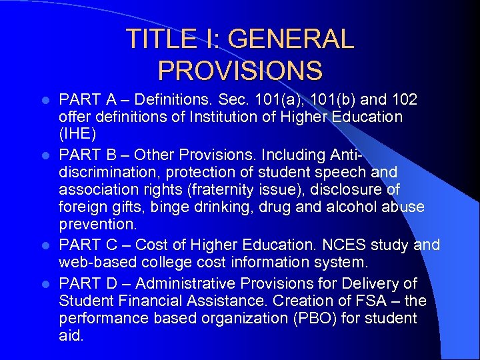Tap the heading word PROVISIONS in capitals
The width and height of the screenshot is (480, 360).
[x=240, y=70]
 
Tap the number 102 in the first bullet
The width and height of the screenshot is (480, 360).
[x=405, y=100]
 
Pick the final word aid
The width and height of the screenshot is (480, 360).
[x=71, y=336]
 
